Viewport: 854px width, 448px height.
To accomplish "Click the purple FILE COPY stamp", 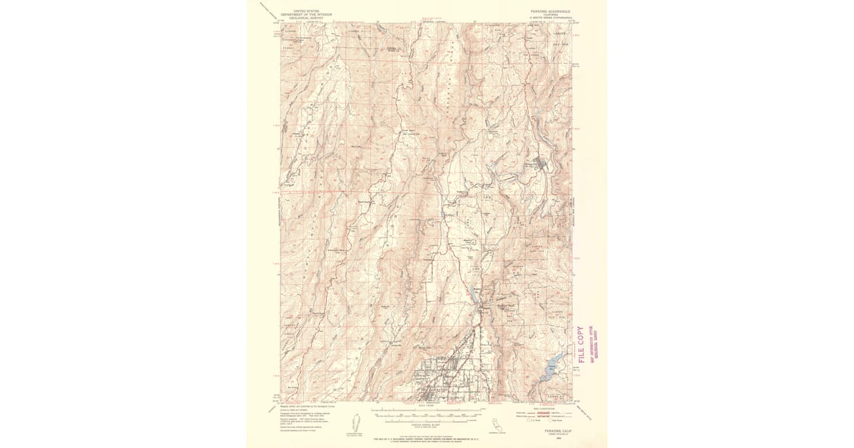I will pyautogui.click(x=581, y=344).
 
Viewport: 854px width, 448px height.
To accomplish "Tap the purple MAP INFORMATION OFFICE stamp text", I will pyautogui.click(x=594, y=344).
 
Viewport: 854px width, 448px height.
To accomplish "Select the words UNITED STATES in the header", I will pyautogui.click(x=307, y=11).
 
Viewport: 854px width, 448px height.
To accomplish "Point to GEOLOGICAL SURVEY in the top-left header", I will pyautogui.click(x=307, y=18).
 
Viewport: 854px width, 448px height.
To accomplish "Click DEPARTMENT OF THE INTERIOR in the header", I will pyautogui.click(x=307, y=14).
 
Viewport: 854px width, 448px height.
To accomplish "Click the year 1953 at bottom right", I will pyautogui.click(x=549, y=438).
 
